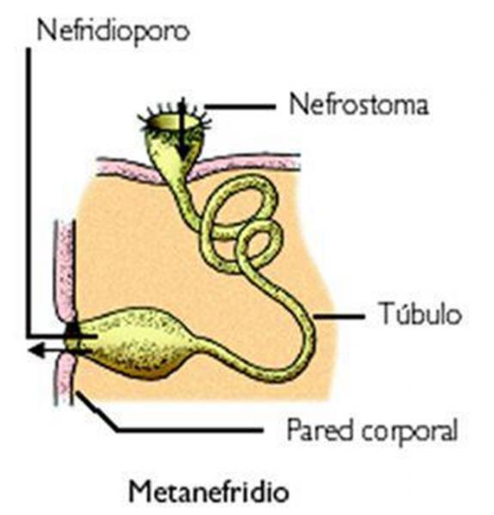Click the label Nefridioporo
[113, 31]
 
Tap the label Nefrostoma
[359, 105]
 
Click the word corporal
[410, 432]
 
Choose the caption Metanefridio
[209, 491]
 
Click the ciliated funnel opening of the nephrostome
[174, 122]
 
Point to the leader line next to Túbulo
[339, 317]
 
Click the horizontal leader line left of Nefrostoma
[240, 106]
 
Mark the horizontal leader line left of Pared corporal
[190, 429]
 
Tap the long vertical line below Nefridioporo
[29, 192]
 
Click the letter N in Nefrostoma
[299, 105]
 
